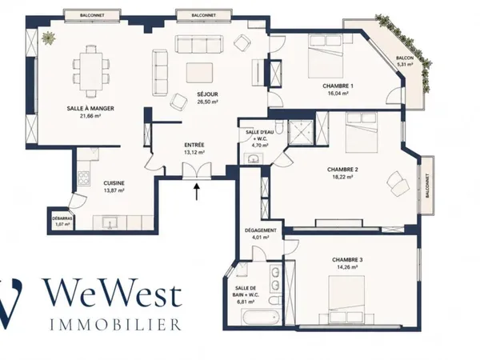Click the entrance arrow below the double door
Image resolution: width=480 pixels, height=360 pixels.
click(197, 191)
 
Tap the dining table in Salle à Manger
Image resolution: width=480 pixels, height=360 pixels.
click(91, 71)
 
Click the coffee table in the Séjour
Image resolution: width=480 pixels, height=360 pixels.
click(199, 72)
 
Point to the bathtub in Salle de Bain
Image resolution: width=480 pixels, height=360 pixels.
click(262, 318)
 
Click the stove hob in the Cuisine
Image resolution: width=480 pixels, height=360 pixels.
click(84, 178)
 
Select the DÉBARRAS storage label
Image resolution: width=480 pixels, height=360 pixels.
click(62, 218)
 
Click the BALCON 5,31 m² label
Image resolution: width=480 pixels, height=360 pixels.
click(405, 61)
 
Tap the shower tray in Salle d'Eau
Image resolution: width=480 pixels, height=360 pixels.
click(301, 132)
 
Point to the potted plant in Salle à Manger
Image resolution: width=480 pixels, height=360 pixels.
click(48, 38)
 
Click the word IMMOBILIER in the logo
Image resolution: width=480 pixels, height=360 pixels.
click(115, 325)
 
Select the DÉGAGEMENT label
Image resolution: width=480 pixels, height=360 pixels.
click(261, 230)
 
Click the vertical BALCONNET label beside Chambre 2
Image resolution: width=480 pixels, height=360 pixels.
click(427, 186)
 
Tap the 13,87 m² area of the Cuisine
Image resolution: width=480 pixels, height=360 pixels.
click(114, 190)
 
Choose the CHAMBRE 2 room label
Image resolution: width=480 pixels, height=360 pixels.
click(342, 170)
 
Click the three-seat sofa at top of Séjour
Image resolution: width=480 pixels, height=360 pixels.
click(199, 44)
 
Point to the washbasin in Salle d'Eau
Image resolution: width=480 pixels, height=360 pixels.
click(254, 159)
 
